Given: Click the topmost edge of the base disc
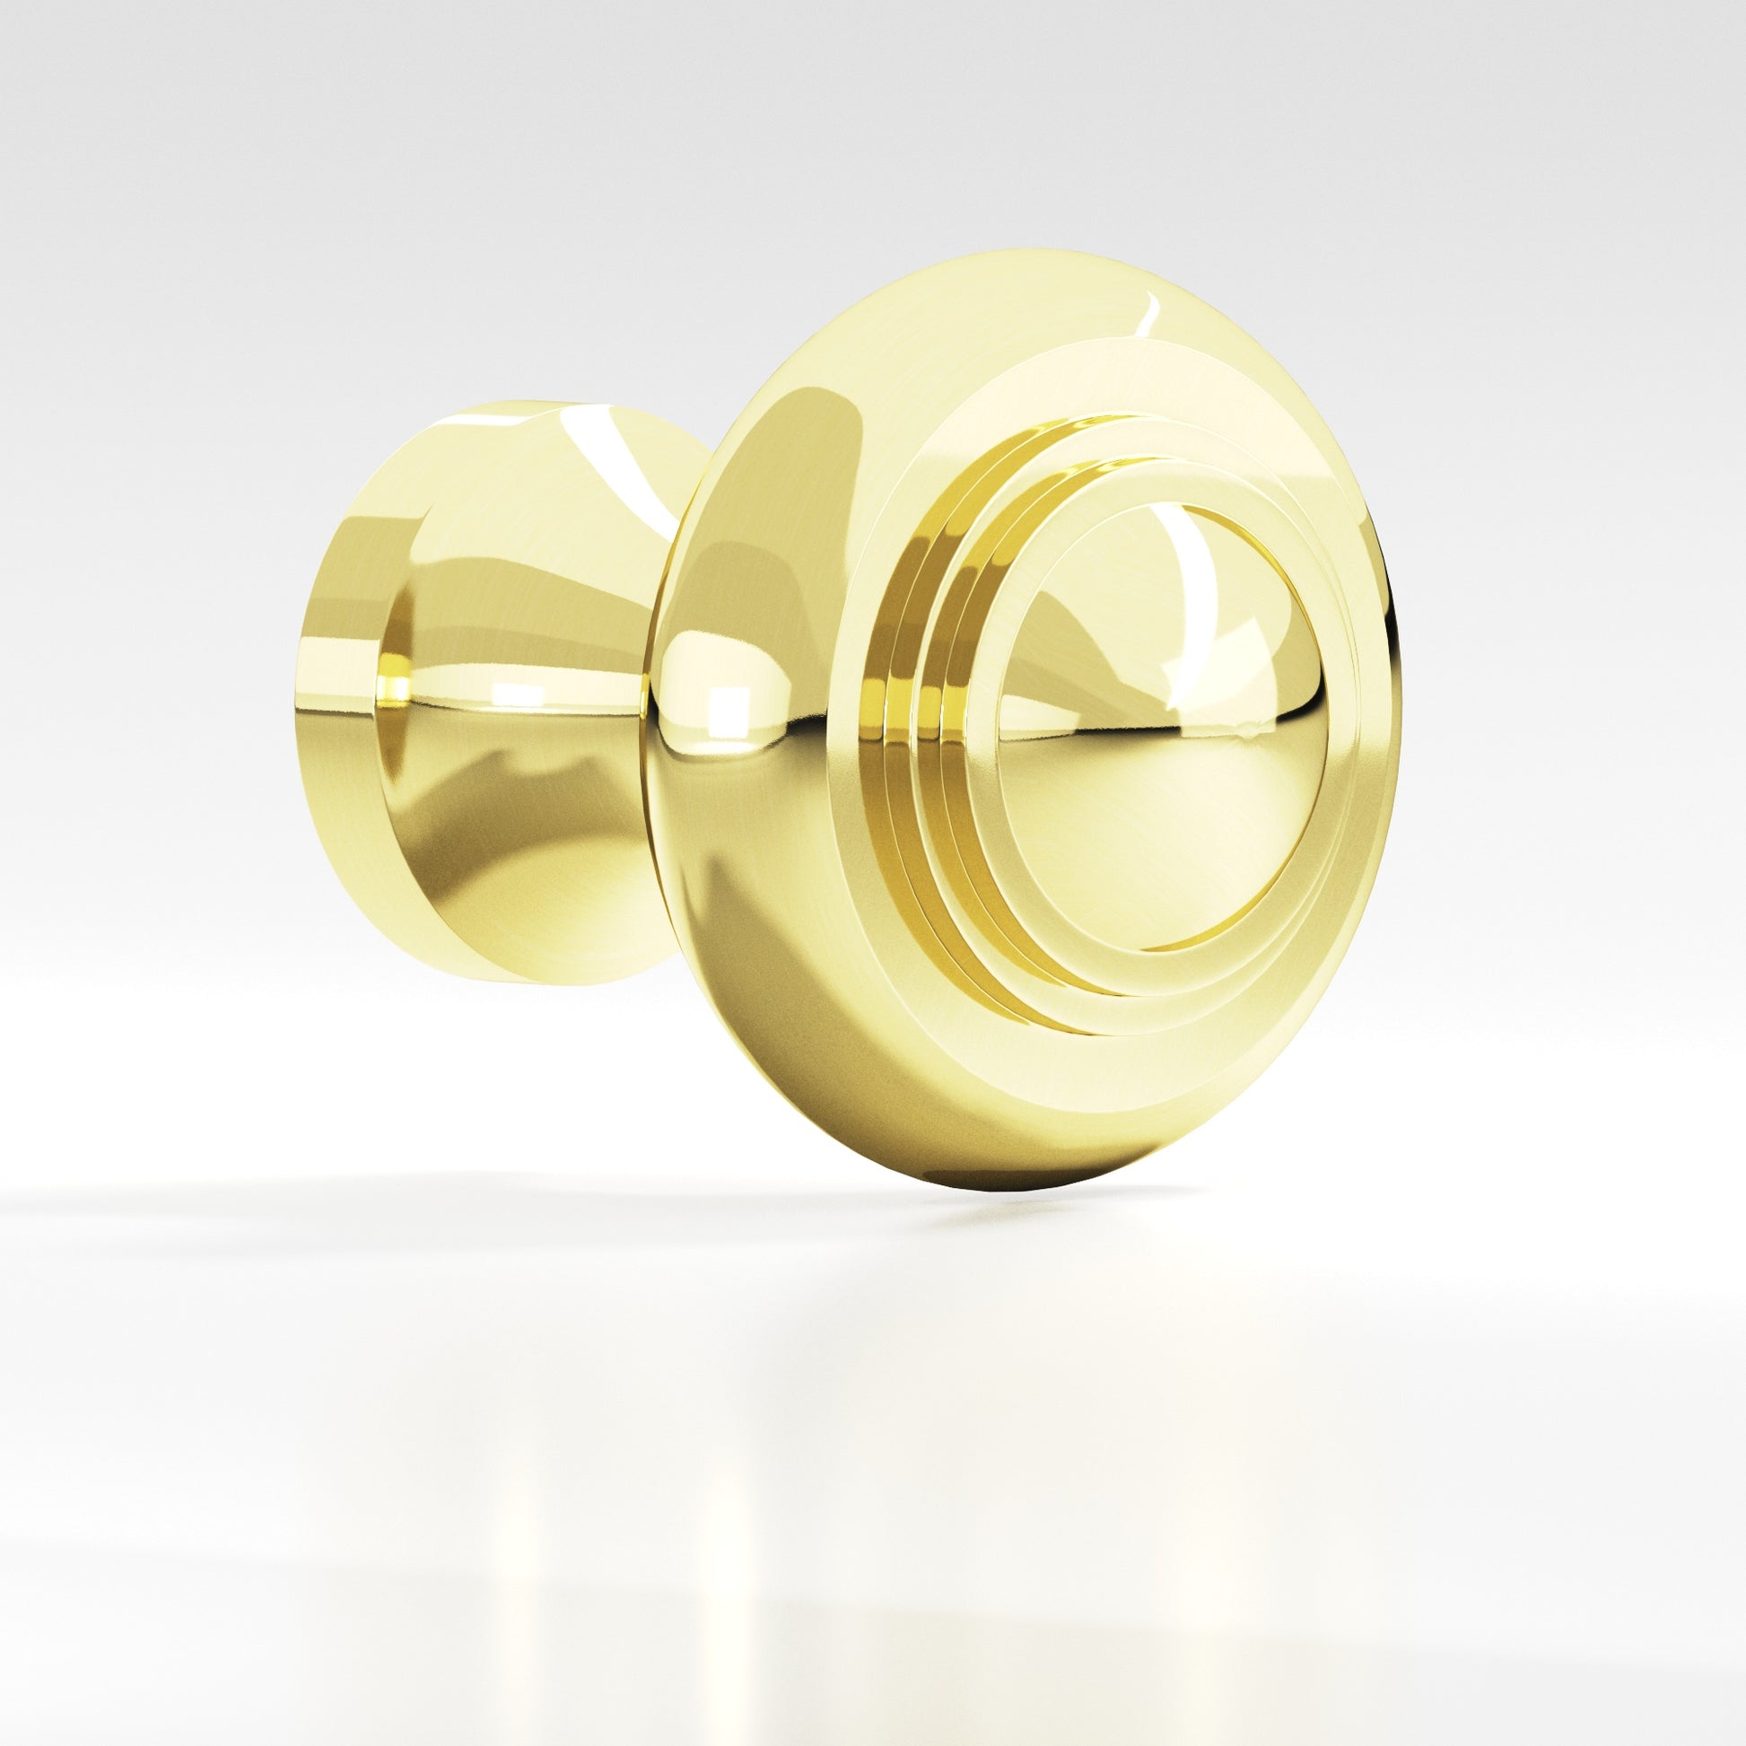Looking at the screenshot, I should pos(506,404).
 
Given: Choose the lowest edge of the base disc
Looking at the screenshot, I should pos(506,982).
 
